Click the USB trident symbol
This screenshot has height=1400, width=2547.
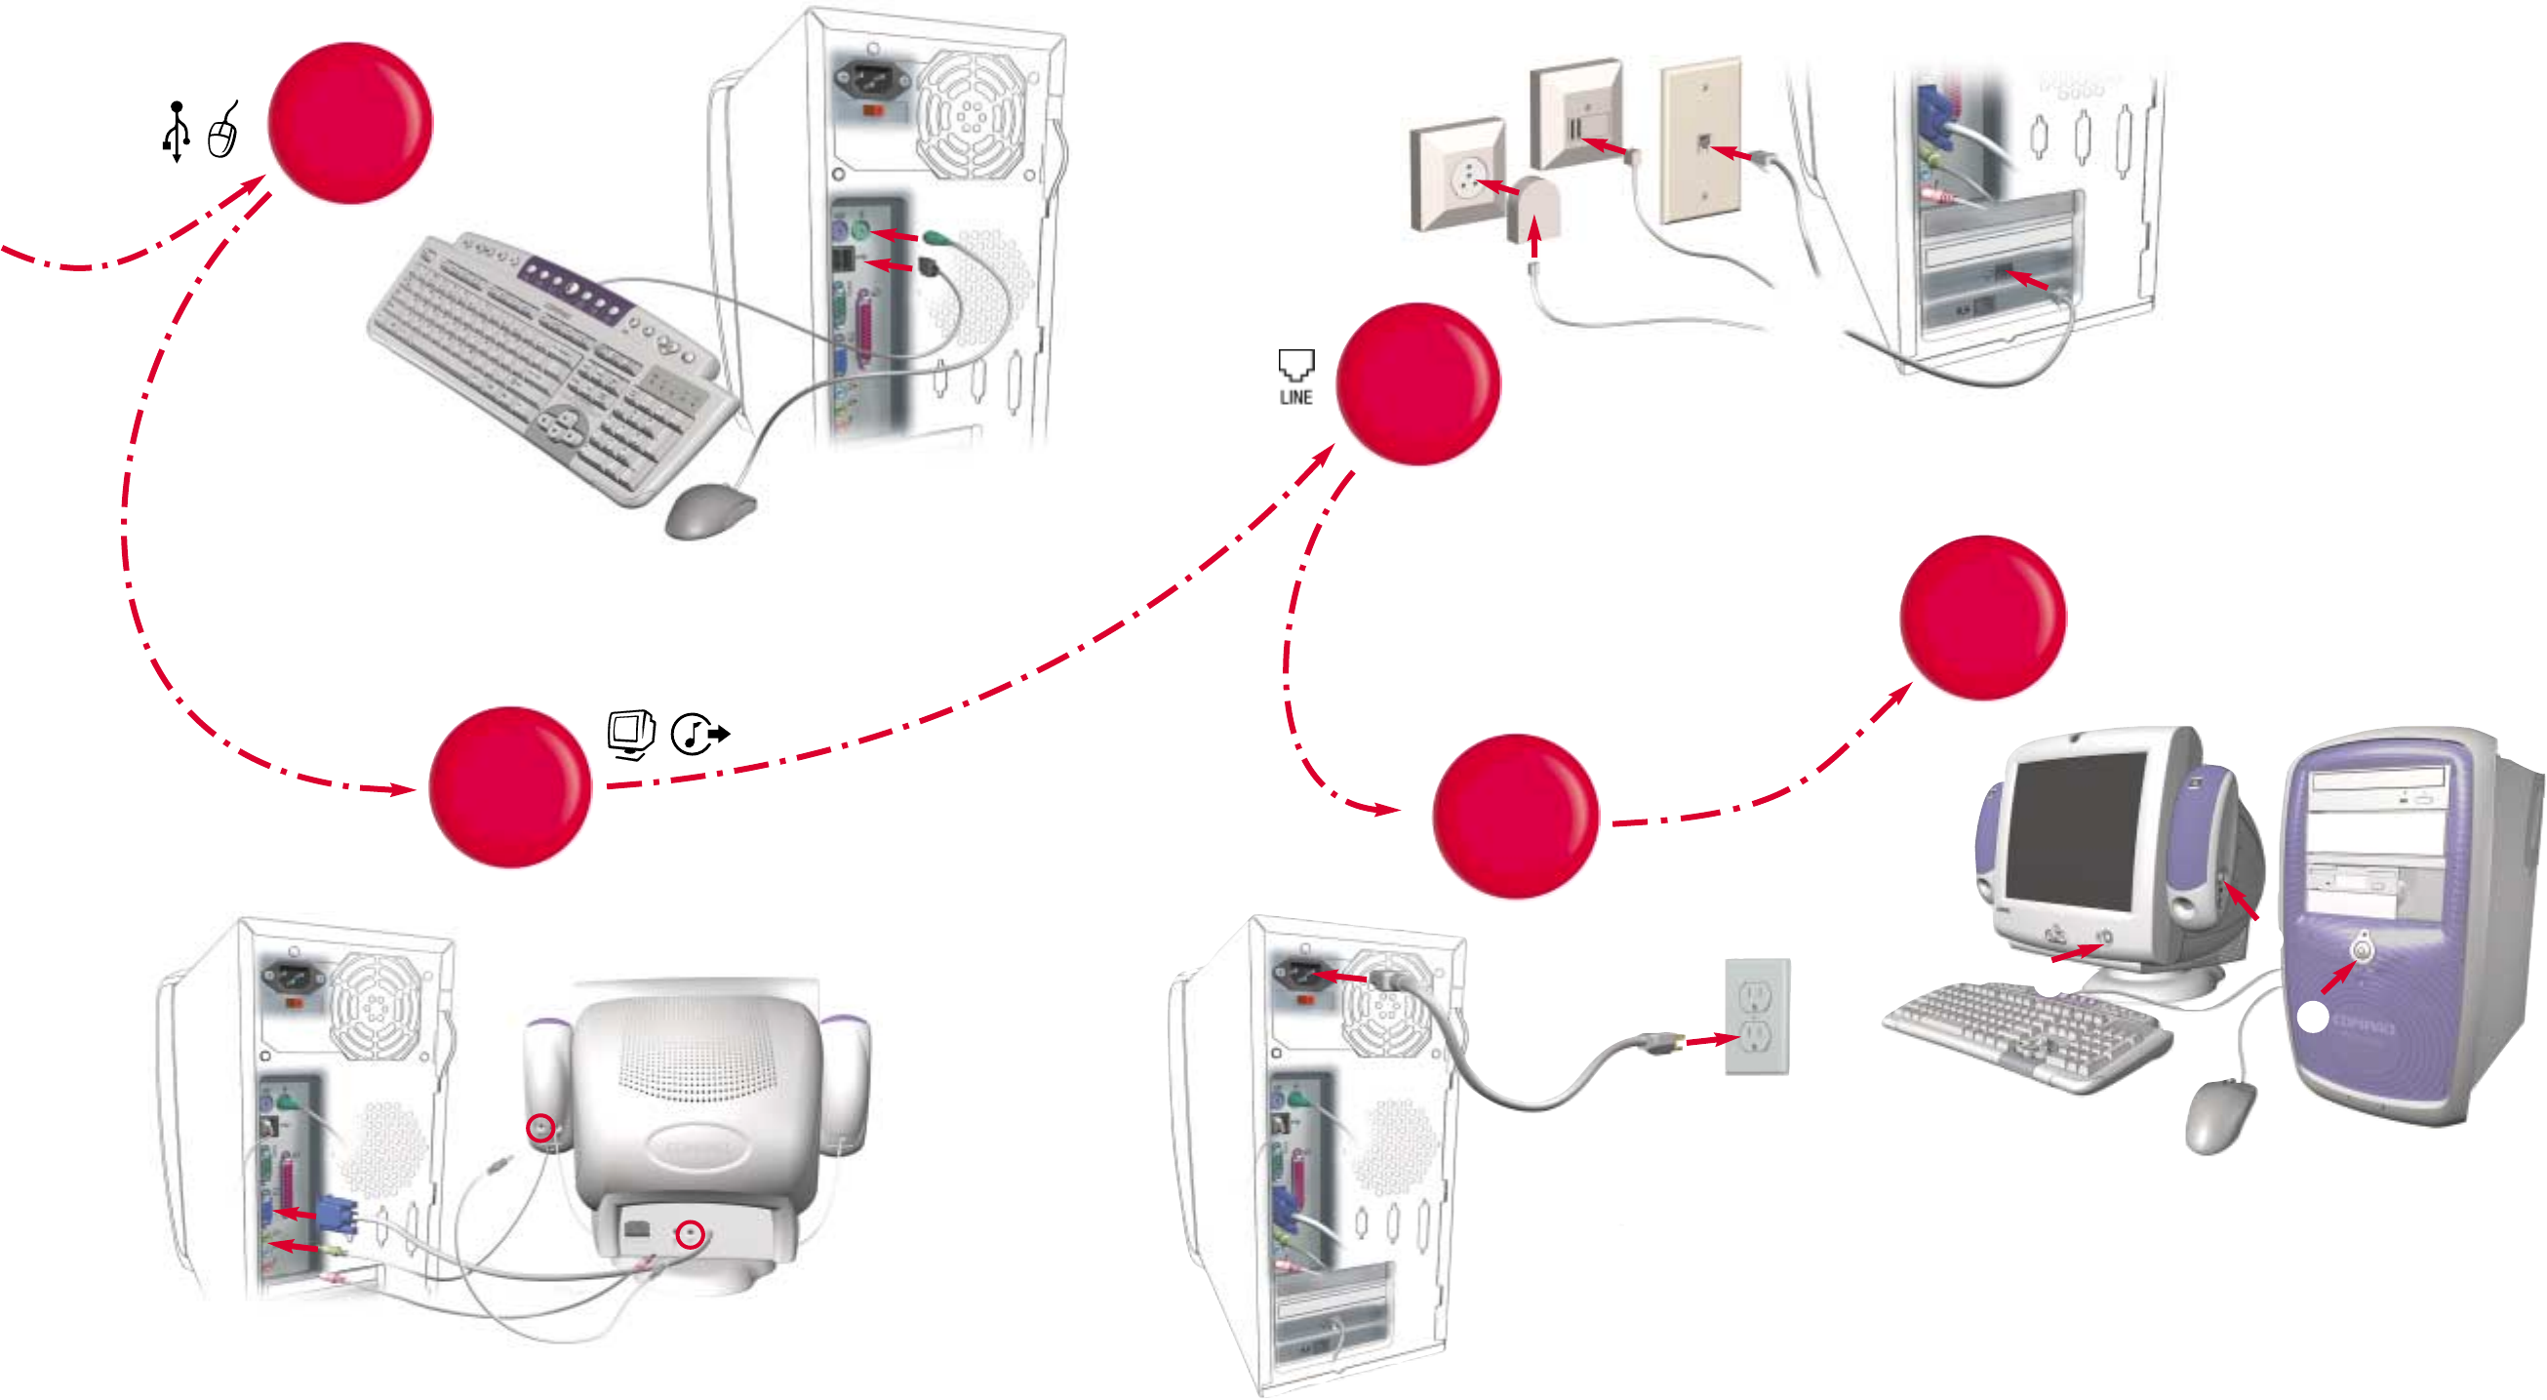tap(176, 131)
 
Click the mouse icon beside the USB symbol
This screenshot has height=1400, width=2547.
tap(223, 133)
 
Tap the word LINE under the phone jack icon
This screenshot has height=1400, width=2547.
tap(1295, 397)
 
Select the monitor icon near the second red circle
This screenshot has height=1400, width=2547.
tap(631, 734)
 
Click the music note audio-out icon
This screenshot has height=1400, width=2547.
tap(698, 735)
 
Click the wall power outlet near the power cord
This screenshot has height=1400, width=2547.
tap(1757, 1016)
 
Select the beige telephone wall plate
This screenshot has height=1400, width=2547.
tap(1700, 140)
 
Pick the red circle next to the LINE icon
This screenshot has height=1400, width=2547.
tap(1417, 383)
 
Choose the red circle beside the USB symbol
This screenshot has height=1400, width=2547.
tap(350, 123)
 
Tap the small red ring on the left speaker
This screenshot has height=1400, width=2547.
tap(540, 1127)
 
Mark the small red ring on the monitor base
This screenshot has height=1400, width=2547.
tap(690, 1234)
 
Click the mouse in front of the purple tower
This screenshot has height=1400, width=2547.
tap(2221, 1115)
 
